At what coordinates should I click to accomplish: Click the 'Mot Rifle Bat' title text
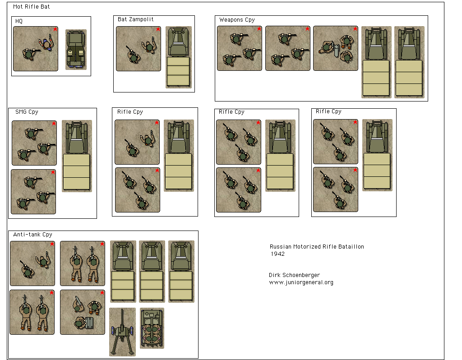32,7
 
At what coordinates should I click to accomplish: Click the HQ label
18,21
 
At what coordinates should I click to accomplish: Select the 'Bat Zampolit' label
135,19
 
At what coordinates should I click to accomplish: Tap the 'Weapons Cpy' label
237,20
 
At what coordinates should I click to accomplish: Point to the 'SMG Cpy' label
27,112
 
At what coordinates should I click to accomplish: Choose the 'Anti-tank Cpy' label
32,235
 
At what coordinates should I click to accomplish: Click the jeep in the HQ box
76,50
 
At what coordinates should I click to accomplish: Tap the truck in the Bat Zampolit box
179,57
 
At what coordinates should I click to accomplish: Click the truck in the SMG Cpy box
77,156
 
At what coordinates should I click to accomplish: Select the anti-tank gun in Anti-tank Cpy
122,332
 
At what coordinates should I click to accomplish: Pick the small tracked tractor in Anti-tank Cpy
152,328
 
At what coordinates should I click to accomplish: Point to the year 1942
277,254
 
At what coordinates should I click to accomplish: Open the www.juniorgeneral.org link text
301,282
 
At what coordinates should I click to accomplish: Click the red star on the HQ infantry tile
55,29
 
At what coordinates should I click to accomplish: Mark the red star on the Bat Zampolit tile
158,29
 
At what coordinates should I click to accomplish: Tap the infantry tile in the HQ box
36,49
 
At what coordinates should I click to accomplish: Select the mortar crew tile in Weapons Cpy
336,48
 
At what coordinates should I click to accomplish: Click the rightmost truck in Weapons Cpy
409,62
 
